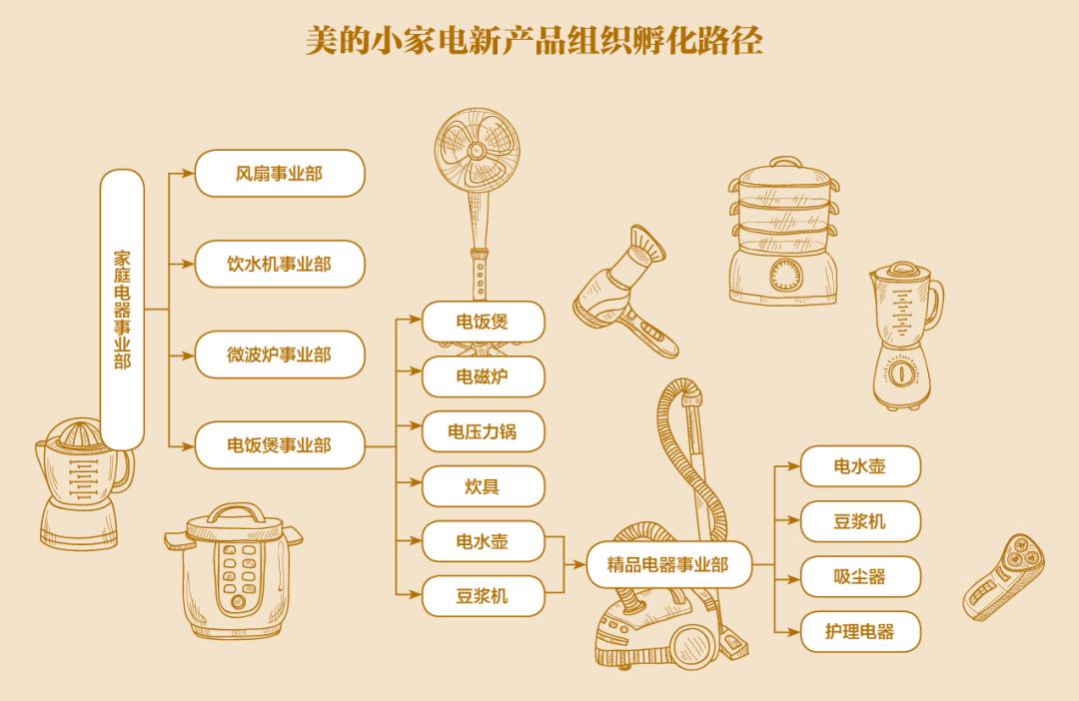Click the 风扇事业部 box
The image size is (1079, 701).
279,174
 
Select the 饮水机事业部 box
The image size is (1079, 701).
279,265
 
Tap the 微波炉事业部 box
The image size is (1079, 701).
279,354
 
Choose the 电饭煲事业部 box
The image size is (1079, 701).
279,444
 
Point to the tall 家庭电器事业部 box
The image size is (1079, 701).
122,310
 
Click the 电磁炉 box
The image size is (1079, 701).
483,376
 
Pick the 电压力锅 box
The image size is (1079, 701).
483,431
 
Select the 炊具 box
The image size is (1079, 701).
483,486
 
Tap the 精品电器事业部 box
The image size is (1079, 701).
667,565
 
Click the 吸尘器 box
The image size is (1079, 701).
859,576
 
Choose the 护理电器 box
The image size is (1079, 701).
859,631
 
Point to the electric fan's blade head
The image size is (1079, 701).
477,150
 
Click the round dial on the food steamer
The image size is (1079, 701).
783,275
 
